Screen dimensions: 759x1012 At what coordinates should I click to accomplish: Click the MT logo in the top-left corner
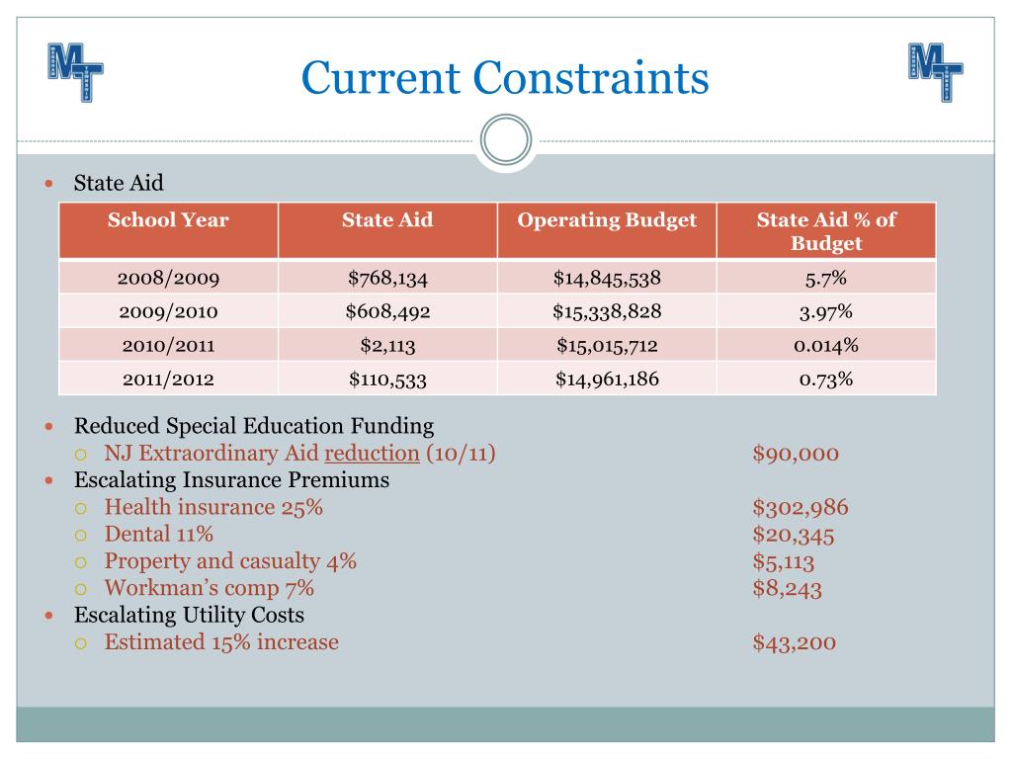tap(75, 72)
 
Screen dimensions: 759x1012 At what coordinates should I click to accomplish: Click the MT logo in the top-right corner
tap(935, 72)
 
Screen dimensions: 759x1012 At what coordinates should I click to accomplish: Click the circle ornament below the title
tap(506, 140)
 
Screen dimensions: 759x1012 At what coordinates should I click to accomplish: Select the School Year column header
tap(168, 220)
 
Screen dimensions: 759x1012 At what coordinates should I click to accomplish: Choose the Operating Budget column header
tap(607, 220)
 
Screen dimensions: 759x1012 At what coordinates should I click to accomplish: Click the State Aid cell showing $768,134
tap(387, 278)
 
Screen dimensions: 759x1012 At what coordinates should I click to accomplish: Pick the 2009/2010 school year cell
tap(168, 312)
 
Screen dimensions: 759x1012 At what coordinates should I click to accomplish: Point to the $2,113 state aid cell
tap(387, 346)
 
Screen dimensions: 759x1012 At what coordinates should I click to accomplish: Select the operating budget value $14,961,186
tap(607, 379)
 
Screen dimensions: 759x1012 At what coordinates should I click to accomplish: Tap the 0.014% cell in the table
tap(826, 346)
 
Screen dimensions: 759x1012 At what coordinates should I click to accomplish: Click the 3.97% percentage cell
tap(826, 312)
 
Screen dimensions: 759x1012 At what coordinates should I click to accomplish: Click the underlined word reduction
tap(372, 454)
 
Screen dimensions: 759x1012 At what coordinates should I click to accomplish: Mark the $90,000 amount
tap(796, 454)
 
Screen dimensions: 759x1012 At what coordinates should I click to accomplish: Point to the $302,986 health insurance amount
tap(801, 508)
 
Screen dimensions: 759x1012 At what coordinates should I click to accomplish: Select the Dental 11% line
tap(159, 535)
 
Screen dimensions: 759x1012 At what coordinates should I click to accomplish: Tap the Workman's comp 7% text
tap(210, 588)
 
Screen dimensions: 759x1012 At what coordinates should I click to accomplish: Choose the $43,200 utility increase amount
tap(795, 642)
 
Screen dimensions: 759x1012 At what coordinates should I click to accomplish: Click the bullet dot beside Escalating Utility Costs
tap(50, 615)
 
